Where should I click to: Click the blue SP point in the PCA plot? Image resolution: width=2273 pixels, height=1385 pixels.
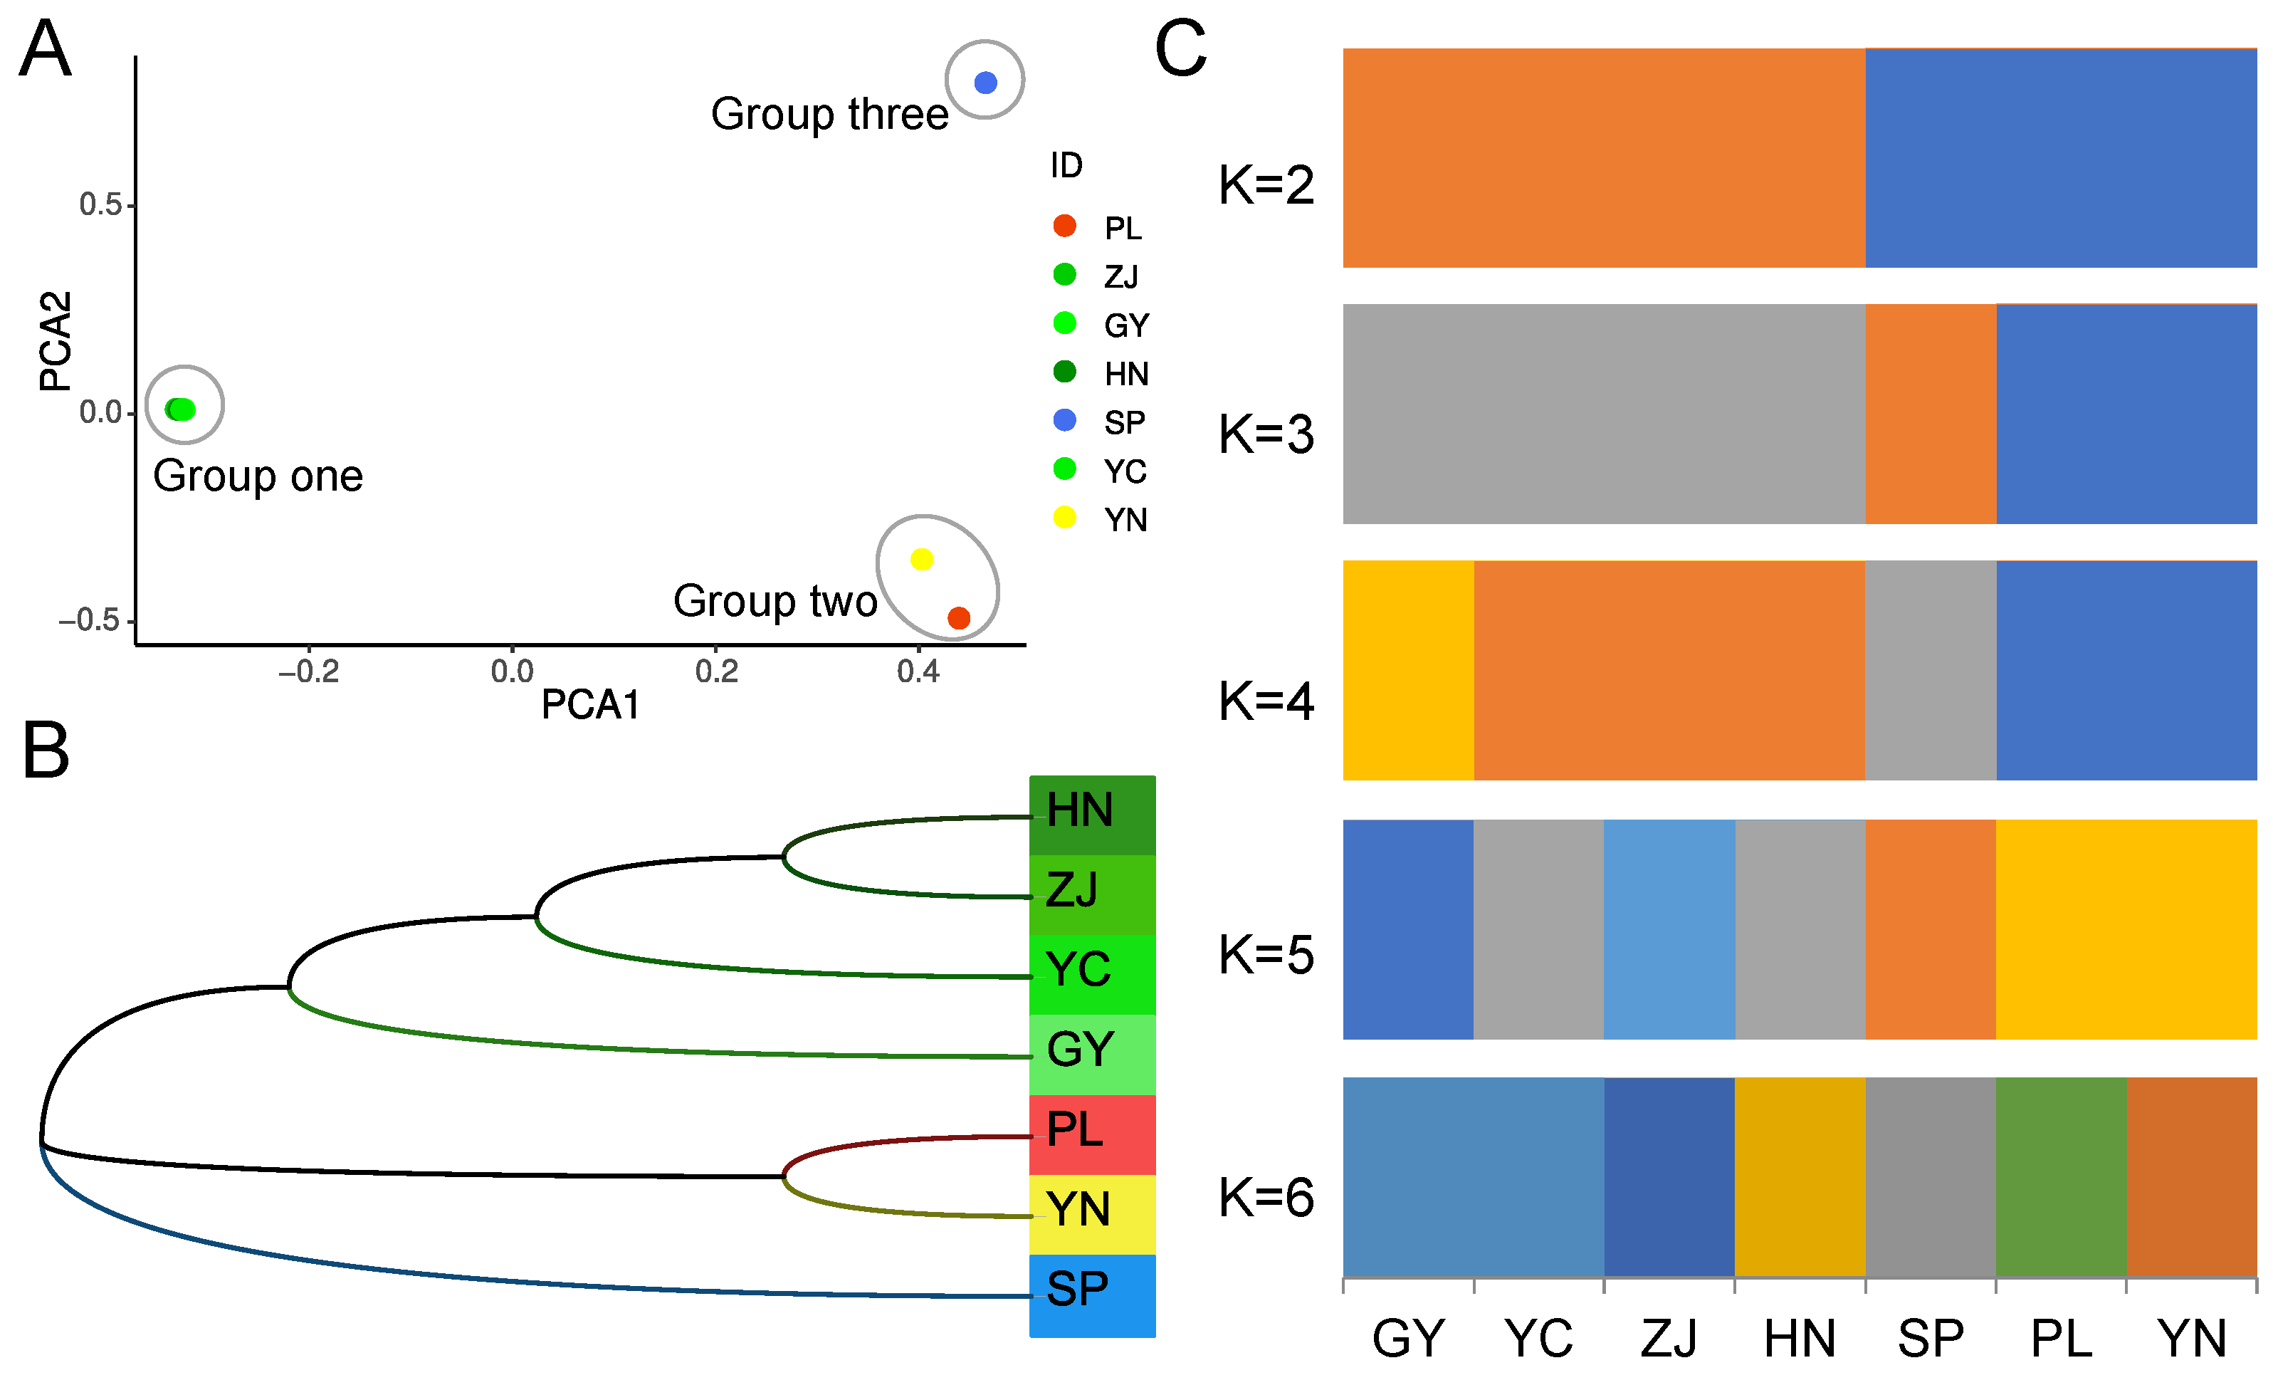(985, 83)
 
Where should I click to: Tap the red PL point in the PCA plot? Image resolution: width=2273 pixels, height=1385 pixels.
(958, 618)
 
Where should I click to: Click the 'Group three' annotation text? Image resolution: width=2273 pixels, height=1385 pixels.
(829, 115)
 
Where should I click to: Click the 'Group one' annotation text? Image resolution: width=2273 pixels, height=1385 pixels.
(258, 476)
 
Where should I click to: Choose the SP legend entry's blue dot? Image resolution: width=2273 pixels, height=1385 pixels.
(1064, 421)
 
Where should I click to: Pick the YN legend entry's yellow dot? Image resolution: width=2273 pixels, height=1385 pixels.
(1064, 518)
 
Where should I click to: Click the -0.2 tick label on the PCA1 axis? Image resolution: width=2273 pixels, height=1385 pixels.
(308, 671)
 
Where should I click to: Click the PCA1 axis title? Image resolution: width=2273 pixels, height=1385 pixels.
(590, 705)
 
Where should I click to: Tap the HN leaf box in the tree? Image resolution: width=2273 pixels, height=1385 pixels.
(1091, 815)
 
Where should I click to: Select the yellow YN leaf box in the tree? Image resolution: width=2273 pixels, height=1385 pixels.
(1091, 1213)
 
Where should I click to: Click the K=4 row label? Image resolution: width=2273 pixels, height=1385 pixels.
(1266, 701)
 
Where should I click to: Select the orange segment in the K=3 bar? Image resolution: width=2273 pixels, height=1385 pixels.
(1930, 414)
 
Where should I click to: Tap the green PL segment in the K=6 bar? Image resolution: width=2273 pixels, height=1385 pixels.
(2061, 1176)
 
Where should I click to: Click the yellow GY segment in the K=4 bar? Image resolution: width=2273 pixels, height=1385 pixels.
(1407, 671)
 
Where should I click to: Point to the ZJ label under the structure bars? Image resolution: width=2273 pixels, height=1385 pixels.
(1669, 1338)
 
